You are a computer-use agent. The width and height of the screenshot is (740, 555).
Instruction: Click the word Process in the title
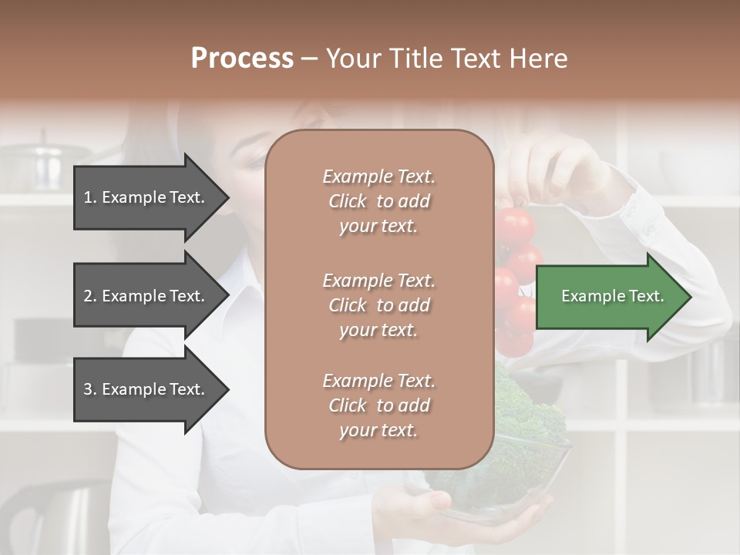[x=242, y=59]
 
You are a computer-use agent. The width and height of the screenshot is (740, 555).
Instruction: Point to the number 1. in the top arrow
[x=90, y=197]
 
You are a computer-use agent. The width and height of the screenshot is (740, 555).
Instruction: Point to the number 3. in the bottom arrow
[x=90, y=389]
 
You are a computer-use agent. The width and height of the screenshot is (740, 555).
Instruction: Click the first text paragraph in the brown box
[x=378, y=201]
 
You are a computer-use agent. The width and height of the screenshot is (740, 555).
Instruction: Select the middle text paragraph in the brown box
[x=378, y=304]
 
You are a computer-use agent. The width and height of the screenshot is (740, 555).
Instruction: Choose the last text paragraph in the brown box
[x=378, y=405]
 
